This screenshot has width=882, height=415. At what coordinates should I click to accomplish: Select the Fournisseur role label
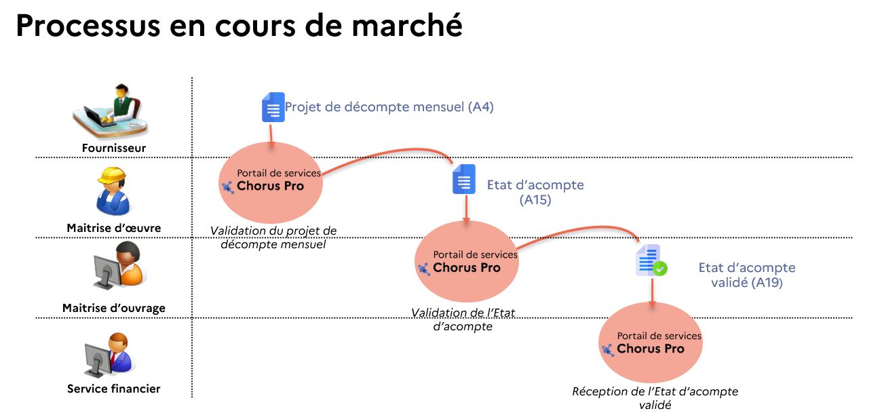tap(114, 148)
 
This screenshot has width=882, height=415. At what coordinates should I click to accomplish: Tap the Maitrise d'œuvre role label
tap(114, 228)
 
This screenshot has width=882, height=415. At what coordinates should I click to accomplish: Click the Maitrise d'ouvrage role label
tap(114, 308)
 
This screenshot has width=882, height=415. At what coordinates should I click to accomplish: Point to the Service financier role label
tap(114, 389)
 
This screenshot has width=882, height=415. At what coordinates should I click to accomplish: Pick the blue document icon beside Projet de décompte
tap(273, 107)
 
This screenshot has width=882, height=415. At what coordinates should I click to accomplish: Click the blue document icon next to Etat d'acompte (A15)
tap(464, 179)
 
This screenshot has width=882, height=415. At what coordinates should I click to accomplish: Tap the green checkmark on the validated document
tap(659, 269)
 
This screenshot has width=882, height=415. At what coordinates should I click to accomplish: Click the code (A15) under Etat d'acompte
tap(535, 200)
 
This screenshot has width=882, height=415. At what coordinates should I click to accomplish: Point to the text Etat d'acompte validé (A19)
tap(746, 275)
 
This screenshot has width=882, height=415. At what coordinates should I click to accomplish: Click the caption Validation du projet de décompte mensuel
tap(273, 237)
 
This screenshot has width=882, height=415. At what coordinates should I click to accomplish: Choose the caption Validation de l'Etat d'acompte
tap(463, 319)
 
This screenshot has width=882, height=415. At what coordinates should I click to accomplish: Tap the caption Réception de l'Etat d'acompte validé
tap(655, 398)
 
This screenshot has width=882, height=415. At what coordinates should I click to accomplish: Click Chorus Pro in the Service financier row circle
tap(650, 349)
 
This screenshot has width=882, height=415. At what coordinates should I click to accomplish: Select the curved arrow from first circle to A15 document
tap(387, 149)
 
